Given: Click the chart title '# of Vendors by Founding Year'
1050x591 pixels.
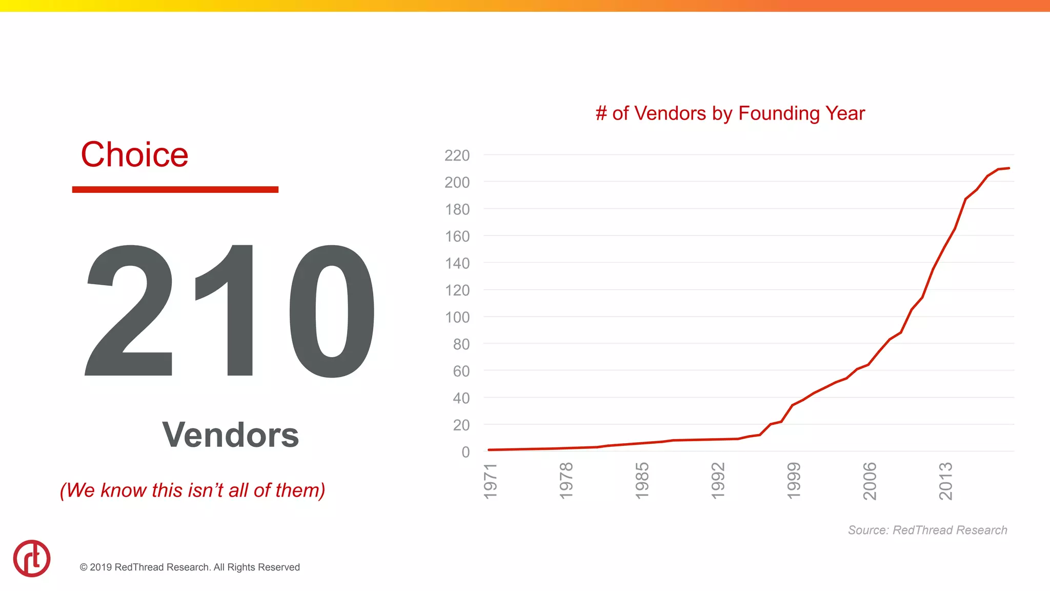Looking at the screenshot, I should pos(730,113).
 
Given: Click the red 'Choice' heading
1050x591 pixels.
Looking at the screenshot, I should pos(135,154).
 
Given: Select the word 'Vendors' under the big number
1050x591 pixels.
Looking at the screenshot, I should pos(230,435).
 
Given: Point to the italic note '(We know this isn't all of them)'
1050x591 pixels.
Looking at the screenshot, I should pos(193,490).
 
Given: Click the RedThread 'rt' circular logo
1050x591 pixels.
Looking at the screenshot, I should pos(32,558).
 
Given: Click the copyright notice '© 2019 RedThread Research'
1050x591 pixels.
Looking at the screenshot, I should pos(190,567).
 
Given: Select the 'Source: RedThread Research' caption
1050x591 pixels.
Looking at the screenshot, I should pos(927,530).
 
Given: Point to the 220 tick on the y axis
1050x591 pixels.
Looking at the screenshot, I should pos(457,155).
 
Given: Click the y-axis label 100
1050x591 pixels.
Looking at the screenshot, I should pos(457,317).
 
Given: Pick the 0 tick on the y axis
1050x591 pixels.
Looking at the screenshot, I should pos(466,452).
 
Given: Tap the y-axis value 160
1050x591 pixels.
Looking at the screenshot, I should pos(457,237).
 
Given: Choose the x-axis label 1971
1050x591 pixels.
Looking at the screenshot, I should pos(491,481).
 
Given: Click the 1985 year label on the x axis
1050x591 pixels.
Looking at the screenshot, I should pos(642,481).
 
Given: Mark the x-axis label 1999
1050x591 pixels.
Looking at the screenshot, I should pos(794,481).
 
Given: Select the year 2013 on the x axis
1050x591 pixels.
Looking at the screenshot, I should pos(945,481).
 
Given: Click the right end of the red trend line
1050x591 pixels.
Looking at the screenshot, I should pos(1008,168).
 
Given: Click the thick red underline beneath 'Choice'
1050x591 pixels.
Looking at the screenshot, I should pos(175,190).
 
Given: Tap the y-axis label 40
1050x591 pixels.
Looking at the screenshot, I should pos(461,398).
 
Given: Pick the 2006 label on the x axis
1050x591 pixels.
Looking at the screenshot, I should pos(870,481).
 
